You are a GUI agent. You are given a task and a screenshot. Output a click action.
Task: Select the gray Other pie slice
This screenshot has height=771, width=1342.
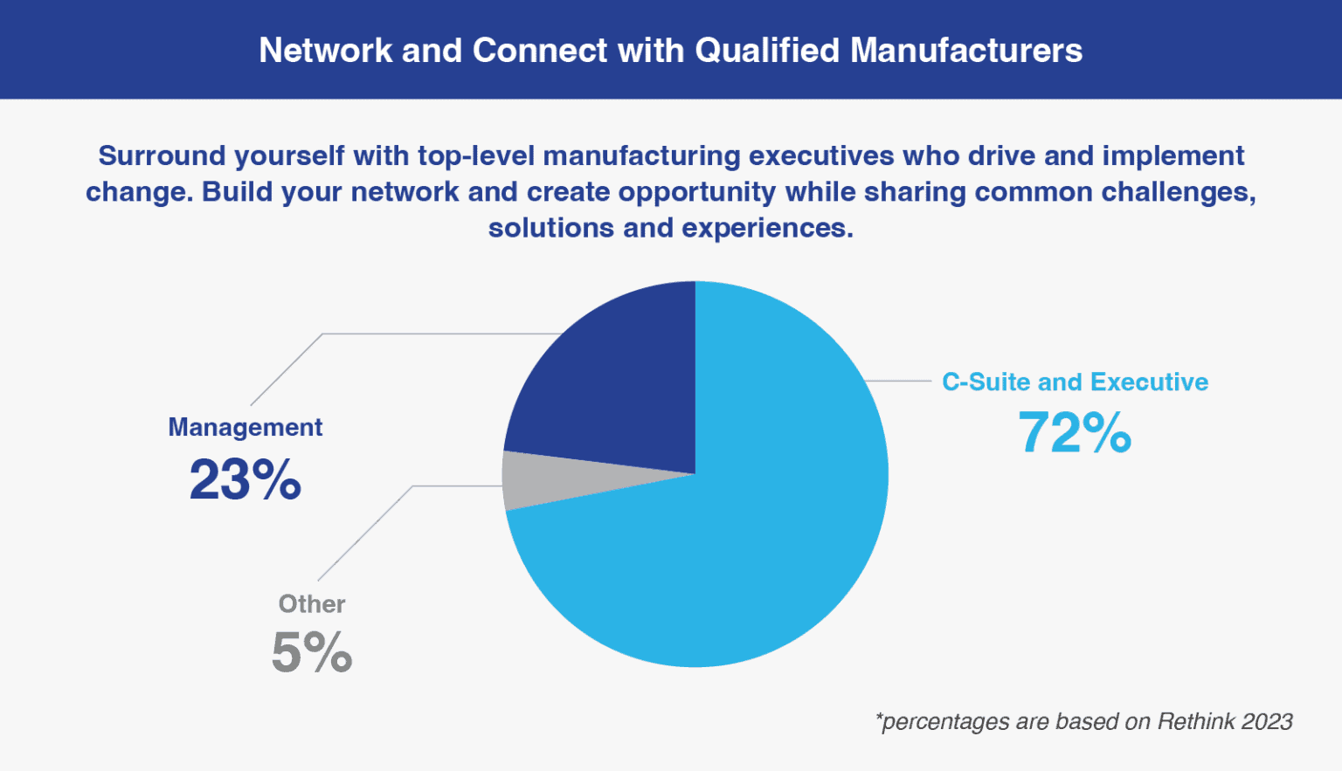551,480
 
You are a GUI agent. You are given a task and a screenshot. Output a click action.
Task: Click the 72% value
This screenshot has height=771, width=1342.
1075,433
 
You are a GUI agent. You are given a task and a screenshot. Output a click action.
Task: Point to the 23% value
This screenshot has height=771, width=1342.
245,478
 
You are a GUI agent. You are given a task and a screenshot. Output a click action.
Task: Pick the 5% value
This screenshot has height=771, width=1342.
312,652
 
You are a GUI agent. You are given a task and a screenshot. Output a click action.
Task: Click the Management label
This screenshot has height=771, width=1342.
245,427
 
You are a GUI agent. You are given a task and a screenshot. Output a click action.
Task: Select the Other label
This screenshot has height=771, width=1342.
312,604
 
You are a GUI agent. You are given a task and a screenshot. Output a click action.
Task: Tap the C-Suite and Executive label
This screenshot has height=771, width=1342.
1075,382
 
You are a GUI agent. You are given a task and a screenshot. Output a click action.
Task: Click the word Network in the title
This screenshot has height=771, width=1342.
325,50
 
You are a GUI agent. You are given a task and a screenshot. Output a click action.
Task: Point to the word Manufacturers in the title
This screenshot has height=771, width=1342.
966,50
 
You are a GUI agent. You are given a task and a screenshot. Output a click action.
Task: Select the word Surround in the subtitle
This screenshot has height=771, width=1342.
162,155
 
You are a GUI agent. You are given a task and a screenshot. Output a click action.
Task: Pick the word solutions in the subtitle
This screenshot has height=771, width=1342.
551,228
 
